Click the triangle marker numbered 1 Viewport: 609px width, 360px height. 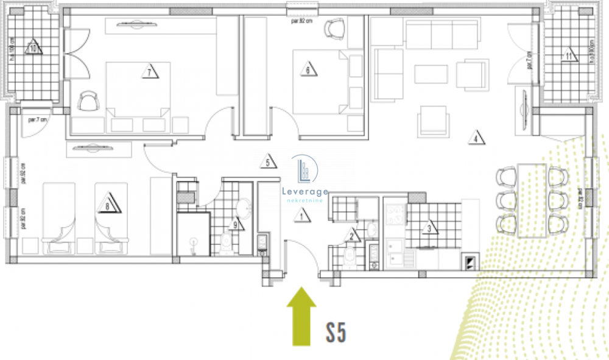[x=300, y=214]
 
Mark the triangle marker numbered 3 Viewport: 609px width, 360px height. [x=431, y=229]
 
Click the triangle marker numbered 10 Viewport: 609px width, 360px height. [x=34, y=48]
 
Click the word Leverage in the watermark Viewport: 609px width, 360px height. [x=305, y=191]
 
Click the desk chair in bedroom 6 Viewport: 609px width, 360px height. [x=334, y=27]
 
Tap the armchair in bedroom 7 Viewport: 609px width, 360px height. [x=89, y=101]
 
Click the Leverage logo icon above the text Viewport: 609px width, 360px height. [x=304, y=169]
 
